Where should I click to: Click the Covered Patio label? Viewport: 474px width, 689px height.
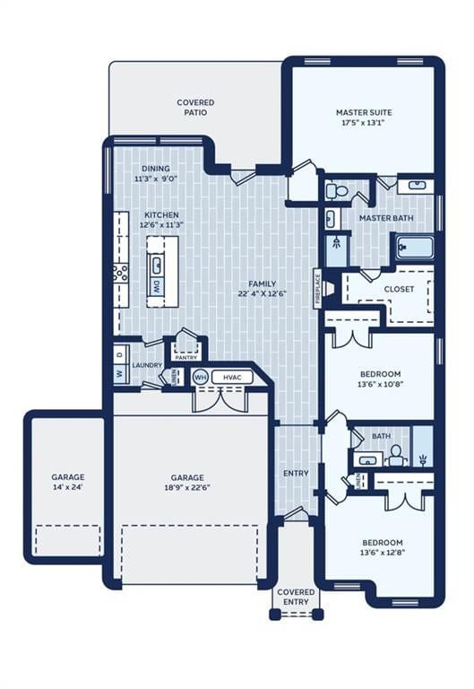[x=195, y=108]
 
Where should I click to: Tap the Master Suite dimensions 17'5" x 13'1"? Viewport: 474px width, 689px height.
[x=364, y=123]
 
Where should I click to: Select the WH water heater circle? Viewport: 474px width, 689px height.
[x=200, y=378]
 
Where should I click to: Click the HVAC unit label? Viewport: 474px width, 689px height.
[x=232, y=378]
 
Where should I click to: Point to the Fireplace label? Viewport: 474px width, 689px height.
[x=318, y=287]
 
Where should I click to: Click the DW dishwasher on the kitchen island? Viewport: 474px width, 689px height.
[x=157, y=286]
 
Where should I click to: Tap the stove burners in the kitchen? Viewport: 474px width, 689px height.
[x=120, y=272]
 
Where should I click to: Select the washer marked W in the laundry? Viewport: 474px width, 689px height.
[x=121, y=374]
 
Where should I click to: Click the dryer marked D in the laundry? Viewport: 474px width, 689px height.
[x=121, y=353]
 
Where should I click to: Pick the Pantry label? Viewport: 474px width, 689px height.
[x=186, y=358]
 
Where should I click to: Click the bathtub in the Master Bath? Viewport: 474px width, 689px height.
[x=415, y=249]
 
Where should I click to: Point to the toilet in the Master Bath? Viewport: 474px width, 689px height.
[x=337, y=191]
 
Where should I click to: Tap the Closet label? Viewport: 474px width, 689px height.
[x=399, y=289]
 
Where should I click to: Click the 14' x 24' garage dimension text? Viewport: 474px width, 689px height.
[x=68, y=487]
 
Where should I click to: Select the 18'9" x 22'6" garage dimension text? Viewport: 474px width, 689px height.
[x=187, y=487]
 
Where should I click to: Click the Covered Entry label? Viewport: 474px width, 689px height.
[x=297, y=597]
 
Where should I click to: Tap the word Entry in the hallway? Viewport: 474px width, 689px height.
[x=296, y=474]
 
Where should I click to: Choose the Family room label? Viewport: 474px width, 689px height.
[x=263, y=283]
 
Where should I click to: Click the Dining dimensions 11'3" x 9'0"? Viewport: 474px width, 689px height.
[x=156, y=179]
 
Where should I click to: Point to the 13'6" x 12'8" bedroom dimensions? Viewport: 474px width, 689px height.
[x=383, y=553]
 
